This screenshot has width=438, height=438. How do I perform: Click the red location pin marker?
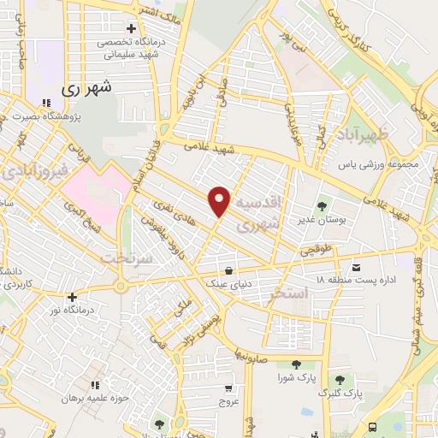click(x=220, y=200)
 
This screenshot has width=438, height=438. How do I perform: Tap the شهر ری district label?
click(x=87, y=87)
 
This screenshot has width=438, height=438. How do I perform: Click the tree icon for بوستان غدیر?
click(x=322, y=205)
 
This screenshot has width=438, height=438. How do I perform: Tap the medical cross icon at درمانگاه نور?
click(x=73, y=297)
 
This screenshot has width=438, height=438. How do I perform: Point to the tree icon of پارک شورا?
click(x=295, y=364)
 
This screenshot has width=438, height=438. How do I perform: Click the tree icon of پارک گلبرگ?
click(x=340, y=380)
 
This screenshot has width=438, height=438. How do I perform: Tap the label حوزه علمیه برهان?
click(x=99, y=398)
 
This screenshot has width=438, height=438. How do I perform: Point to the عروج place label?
click(x=228, y=400)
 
